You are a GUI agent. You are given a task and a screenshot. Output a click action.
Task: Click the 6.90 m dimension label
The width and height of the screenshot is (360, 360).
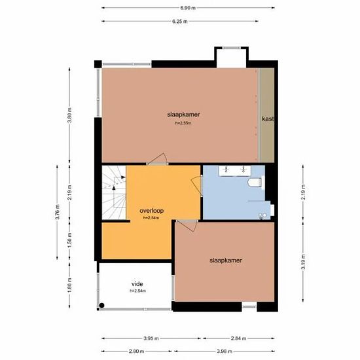188,8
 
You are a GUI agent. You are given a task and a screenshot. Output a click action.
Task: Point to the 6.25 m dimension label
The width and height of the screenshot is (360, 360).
180,22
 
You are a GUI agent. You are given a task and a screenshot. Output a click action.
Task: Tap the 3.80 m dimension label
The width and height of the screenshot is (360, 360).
69,115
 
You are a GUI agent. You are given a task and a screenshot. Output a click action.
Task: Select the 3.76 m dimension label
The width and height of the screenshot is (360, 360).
57,212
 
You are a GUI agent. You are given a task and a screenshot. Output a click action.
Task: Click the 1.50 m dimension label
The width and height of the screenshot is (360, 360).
69,240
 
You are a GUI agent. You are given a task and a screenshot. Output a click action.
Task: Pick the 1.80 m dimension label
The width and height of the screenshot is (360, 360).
69,285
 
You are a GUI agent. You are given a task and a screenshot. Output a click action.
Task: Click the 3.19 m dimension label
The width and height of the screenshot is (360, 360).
303,262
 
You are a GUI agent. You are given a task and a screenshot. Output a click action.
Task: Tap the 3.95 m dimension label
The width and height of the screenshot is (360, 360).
151,338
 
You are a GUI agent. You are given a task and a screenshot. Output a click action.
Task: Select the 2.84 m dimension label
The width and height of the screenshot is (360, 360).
238,338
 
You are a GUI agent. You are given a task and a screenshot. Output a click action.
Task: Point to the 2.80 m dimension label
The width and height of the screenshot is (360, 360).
136,351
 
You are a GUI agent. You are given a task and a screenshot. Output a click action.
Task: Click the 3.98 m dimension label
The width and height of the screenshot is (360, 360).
225,351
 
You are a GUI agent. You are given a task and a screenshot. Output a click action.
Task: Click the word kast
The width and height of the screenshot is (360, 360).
268,119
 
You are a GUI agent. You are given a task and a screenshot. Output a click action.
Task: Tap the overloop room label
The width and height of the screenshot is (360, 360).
152,211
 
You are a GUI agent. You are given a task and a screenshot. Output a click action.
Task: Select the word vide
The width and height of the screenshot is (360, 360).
137,284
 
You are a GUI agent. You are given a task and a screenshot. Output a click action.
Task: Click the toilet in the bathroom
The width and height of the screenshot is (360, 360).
255,183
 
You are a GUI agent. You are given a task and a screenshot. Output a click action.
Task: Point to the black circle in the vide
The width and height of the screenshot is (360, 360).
101,306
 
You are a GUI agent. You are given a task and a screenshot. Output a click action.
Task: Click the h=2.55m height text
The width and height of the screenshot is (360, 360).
183,123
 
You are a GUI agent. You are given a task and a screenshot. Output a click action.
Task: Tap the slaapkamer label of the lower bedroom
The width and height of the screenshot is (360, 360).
226,261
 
